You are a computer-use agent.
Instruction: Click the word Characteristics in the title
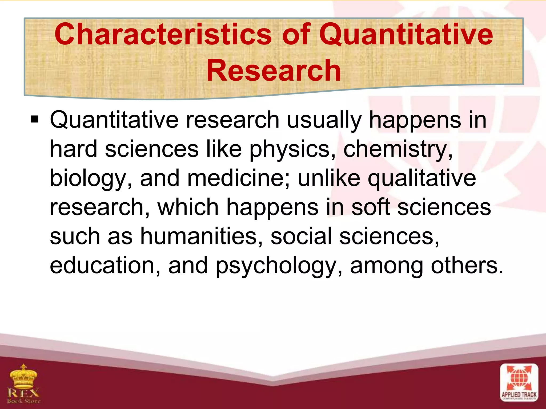pos(163,34)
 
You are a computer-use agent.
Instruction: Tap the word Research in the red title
pos(274,71)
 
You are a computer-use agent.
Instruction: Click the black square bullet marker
pos(35,120)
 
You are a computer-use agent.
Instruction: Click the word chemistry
pos(398,149)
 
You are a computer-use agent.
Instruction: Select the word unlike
pos(329,178)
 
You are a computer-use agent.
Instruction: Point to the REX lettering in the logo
pos(23,392)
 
